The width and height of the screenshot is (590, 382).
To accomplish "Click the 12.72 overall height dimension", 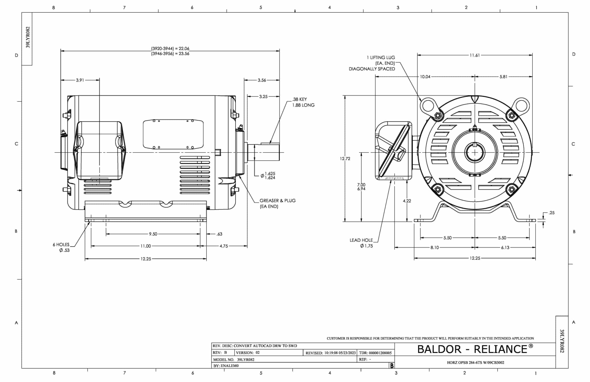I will [345, 159].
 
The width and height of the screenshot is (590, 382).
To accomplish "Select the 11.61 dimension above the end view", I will [474, 55].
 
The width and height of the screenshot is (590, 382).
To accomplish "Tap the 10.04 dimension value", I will [425, 77].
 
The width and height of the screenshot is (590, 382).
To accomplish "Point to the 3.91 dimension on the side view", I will [80, 80].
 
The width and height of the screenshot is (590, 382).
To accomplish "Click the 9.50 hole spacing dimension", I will [153, 234].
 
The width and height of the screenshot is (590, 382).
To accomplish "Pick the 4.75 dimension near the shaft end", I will [224, 246].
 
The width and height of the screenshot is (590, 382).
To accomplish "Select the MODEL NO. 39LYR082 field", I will [234, 360].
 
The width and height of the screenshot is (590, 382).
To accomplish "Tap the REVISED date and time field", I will [330, 353].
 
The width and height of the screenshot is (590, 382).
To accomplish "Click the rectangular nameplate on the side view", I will [173, 134].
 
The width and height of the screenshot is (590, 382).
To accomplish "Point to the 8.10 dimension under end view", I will [434, 247].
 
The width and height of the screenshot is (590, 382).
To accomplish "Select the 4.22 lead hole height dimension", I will [407, 201].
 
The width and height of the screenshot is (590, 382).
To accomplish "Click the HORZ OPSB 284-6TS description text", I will [475, 363].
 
